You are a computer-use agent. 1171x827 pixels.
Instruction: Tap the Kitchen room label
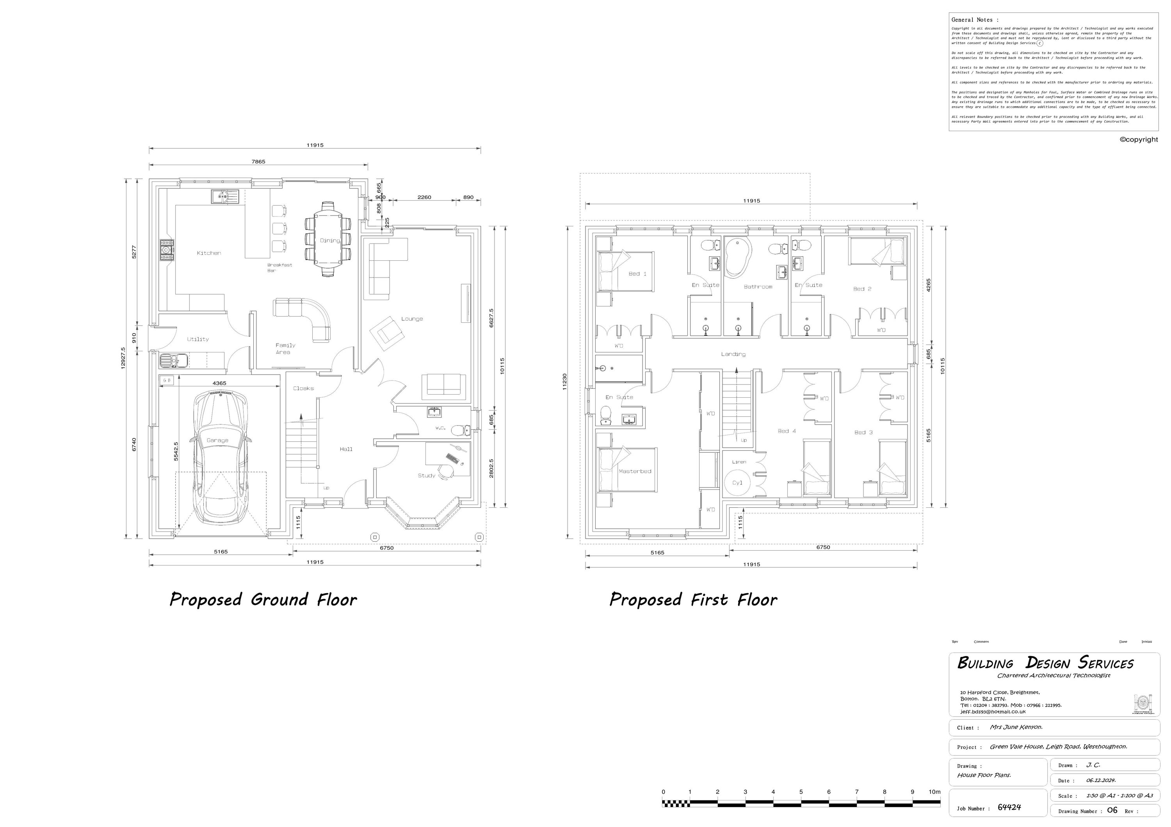pyautogui.click(x=209, y=253)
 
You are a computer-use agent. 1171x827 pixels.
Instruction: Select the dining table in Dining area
pyautogui.click(x=328, y=240)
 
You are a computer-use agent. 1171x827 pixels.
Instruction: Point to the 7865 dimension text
pyautogui.click(x=258, y=162)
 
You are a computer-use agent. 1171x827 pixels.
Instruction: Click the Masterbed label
pyautogui.click(x=635, y=471)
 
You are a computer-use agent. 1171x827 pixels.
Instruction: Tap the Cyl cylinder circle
pyautogui.click(x=737, y=482)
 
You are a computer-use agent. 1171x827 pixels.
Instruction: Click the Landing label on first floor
pyautogui.click(x=733, y=354)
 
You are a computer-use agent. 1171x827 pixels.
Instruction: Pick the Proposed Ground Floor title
pyautogui.click(x=263, y=599)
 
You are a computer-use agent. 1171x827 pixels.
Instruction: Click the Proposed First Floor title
pyautogui.click(x=693, y=599)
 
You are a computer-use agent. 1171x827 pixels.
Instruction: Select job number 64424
pyautogui.click(x=1009, y=807)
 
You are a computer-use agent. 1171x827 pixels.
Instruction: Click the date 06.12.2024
pyautogui.click(x=1101, y=780)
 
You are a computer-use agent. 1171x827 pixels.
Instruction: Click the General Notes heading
pyautogui.click(x=975, y=20)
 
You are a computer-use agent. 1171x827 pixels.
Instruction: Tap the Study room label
pyautogui.click(x=426, y=475)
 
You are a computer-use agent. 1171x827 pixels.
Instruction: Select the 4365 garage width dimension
pyautogui.click(x=219, y=383)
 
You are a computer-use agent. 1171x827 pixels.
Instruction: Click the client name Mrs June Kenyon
pyautogui.click(x=1016, y=727)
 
